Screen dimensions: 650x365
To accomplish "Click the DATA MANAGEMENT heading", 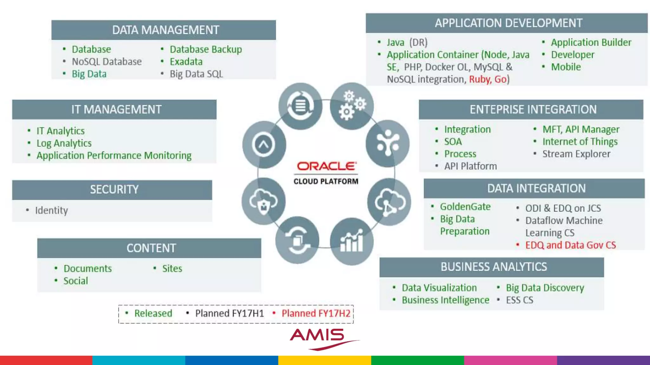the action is (x=165, y=30).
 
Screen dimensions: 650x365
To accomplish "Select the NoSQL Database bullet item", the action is (x=107, y=61).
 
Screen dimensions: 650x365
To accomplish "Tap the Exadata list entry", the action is (x=186, y=61).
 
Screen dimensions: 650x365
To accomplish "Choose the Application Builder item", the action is (x=591, y=42).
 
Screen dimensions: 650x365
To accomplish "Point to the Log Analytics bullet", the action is (x=64, y=143).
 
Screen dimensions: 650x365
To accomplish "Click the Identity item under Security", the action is (x=51, y=210).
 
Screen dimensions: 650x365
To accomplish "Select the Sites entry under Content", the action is (x=172, y=269).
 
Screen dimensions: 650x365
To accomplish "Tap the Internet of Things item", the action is (x=580, y=142).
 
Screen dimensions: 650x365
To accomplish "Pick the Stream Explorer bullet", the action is (x=576, y=154).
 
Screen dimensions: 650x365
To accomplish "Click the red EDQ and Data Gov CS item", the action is (x=570, y=245).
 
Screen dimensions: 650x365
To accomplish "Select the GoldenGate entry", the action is (x=465, y=207).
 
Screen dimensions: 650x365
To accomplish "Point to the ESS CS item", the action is (x=520, y=300).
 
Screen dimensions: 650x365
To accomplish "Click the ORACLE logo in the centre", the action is (x=327, y=166).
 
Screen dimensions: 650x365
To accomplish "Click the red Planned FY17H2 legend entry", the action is (x=316, y=313).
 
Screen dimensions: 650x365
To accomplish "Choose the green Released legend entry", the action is (x=153, y=313).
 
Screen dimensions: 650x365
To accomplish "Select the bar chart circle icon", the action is (x=351, y=241).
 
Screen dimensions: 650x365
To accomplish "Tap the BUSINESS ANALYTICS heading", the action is (x=494, y=267).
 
